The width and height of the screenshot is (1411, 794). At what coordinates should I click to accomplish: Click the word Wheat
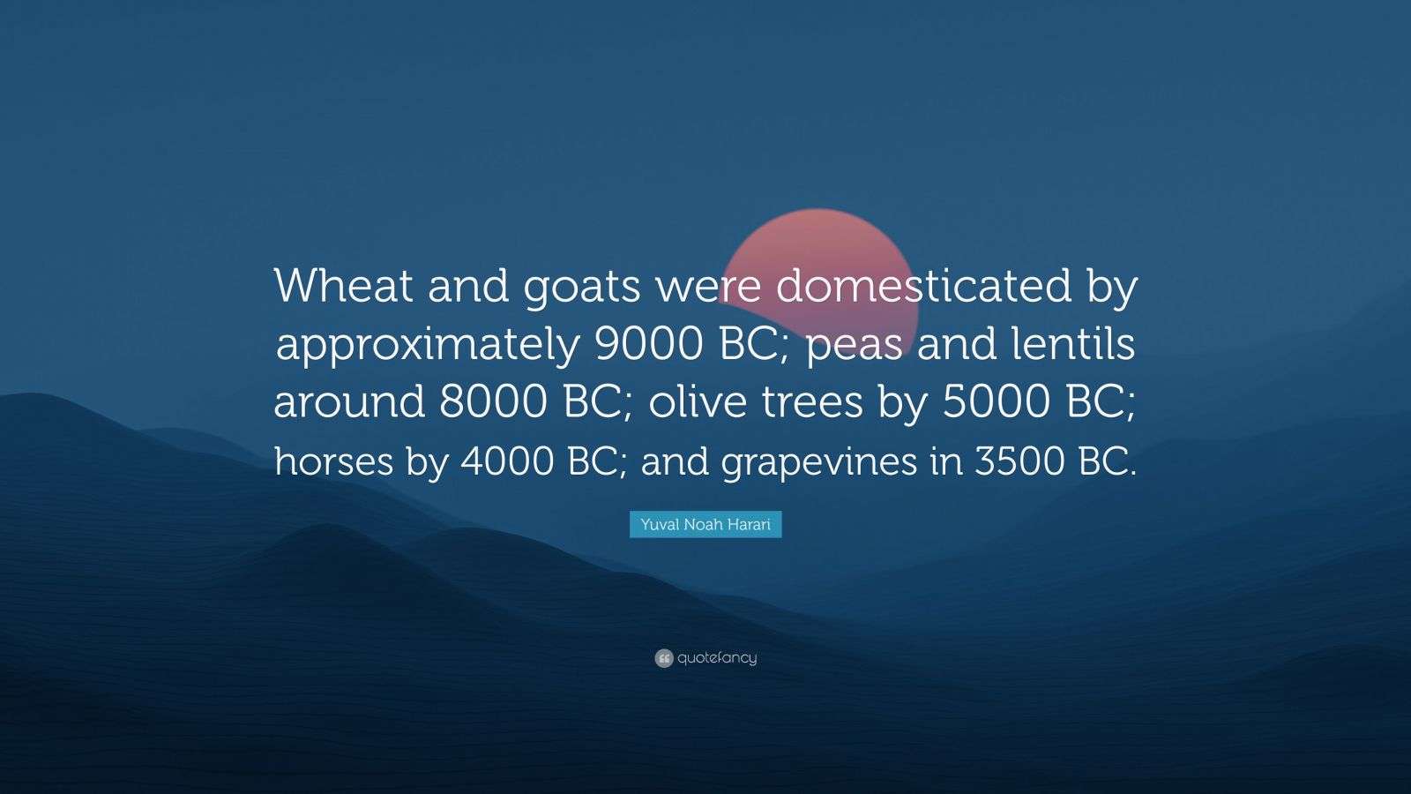[343, 287]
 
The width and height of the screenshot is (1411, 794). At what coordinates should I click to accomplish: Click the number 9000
[649, 344]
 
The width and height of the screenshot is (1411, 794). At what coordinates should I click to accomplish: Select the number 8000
[492, 402]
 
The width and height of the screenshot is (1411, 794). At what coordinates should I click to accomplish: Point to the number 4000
[504, 461]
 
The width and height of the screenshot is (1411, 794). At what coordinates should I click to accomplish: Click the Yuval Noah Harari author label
[705, 525]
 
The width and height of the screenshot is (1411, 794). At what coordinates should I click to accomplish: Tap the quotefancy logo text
[717, 658]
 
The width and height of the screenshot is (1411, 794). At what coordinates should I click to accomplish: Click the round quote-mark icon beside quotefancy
[664, 658]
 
